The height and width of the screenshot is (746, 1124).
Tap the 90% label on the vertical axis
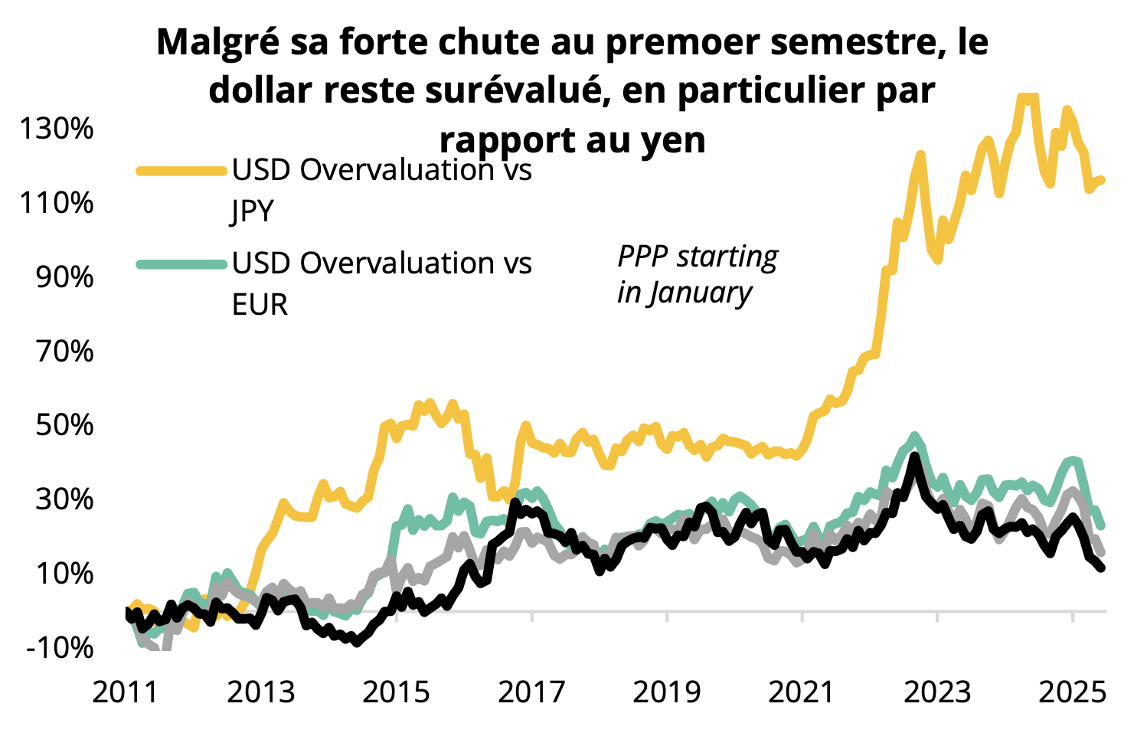coord(64,276)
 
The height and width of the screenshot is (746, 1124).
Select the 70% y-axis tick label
coord(64,351)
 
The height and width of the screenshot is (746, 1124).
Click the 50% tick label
coord(64,424)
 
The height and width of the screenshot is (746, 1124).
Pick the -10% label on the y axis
coord(59,647)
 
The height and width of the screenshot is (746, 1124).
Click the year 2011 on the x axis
coord(126,692)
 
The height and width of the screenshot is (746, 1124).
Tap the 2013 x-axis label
coord(261,692)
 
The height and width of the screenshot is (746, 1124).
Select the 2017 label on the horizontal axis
coord(531,692)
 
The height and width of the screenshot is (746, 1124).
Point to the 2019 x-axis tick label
coord(667,692)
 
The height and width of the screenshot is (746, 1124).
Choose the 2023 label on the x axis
coord(937,692)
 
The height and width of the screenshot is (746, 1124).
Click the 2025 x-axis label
coord(1072,692)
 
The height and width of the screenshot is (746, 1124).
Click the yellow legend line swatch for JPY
coord(181,170)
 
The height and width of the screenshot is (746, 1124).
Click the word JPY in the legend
coord(253,211)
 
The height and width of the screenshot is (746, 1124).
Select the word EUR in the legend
coord(260,305)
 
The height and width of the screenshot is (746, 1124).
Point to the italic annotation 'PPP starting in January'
coord(697,274)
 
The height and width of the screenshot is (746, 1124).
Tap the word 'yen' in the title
coord(674,140)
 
